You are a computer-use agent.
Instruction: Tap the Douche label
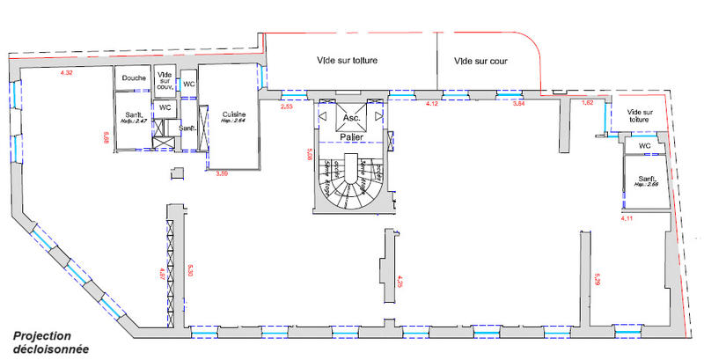point(135,78)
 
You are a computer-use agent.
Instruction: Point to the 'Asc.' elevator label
point(351,116)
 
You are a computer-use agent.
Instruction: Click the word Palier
point(352,137)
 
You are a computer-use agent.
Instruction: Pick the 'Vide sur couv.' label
point(165,79)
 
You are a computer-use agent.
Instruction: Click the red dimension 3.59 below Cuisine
point(222,173)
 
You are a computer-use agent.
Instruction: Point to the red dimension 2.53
point(287,106)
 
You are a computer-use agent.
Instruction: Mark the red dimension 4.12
point(432,104)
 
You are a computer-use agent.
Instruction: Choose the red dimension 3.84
point(518,104)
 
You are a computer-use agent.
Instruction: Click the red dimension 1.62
point(589,104)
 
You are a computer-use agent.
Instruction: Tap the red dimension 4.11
point(627,217)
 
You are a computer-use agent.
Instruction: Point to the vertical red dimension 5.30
point(188,269)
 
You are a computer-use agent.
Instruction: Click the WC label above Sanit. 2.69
point(644,146)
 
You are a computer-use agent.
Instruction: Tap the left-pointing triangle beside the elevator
point(323,115)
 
